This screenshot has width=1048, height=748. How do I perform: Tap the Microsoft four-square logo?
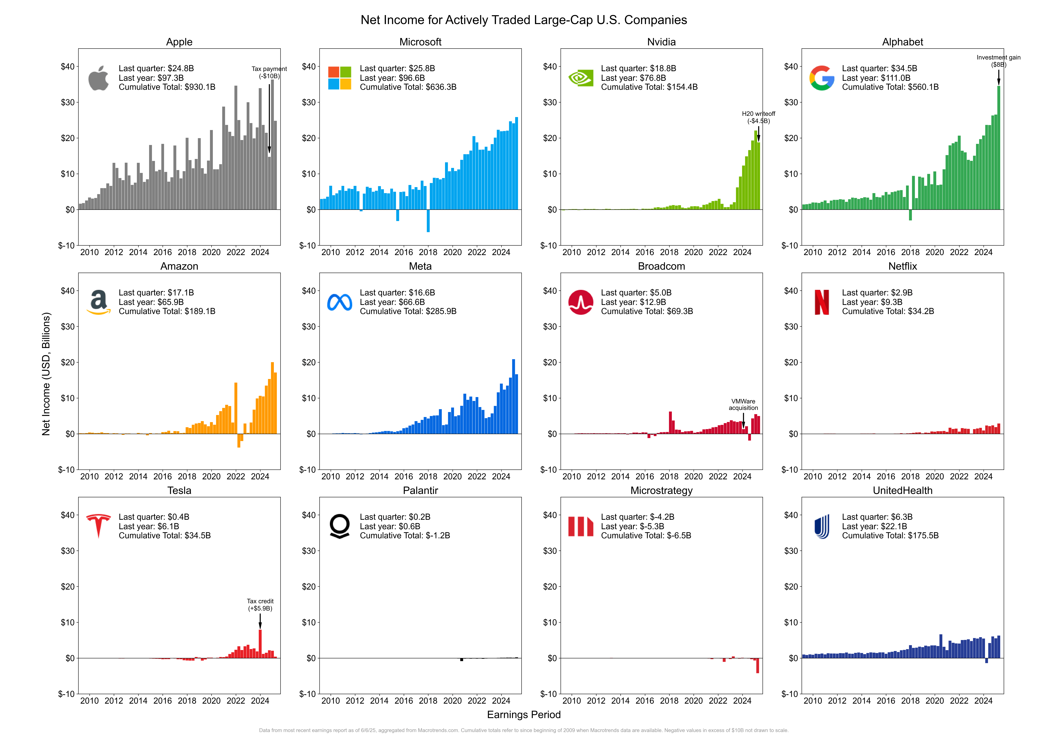click(340, 78)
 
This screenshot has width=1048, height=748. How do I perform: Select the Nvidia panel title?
click(661, 42)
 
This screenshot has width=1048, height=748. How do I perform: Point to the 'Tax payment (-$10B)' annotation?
click(269, 72)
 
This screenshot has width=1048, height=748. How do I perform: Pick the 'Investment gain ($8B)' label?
click(998, 61)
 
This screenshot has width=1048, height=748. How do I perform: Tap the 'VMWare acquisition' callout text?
click(743, 404)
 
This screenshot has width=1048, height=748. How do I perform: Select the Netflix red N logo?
click(822, 302)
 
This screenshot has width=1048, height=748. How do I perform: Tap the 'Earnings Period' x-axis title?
click(524, 714)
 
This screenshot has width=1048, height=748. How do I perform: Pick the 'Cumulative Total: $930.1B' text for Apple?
click(167, 87)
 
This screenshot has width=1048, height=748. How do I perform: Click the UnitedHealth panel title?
click(902, 491)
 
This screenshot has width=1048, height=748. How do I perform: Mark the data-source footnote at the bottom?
click(524, 730)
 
